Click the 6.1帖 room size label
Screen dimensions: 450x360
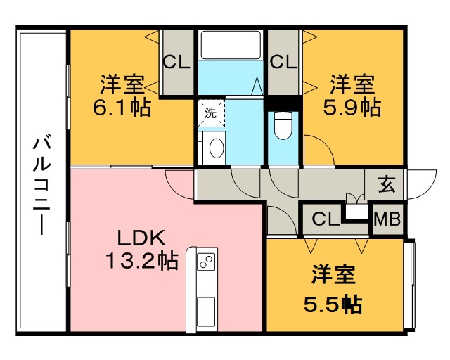click(x=122, y=108)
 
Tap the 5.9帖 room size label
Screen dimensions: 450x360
click(x=352, y=108)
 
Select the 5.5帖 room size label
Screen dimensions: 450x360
click(x=333, y=304)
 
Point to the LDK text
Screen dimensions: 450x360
click(x=141, y=238)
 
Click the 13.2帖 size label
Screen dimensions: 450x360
click(x=142, y=261)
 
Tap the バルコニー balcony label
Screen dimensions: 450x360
click(x=42, y=186)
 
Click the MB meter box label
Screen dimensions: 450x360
click(x=387, y=219)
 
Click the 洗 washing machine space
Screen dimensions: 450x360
click(x=211, y=113)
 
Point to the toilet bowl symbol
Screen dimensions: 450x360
click(x=283, y=125)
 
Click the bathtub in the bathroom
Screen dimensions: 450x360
click(x=231, y=45)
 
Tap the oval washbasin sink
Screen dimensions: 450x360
click(x=217, y=148)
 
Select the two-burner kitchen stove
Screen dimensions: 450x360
click(x=206, y=262)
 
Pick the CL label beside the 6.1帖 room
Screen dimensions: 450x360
click(x=176, y=62)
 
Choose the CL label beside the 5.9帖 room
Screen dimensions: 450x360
click(x=283, y=62)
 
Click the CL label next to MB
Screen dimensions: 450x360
click(x=326, y=219)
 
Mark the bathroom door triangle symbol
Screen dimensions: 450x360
click(x=257, y=86)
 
